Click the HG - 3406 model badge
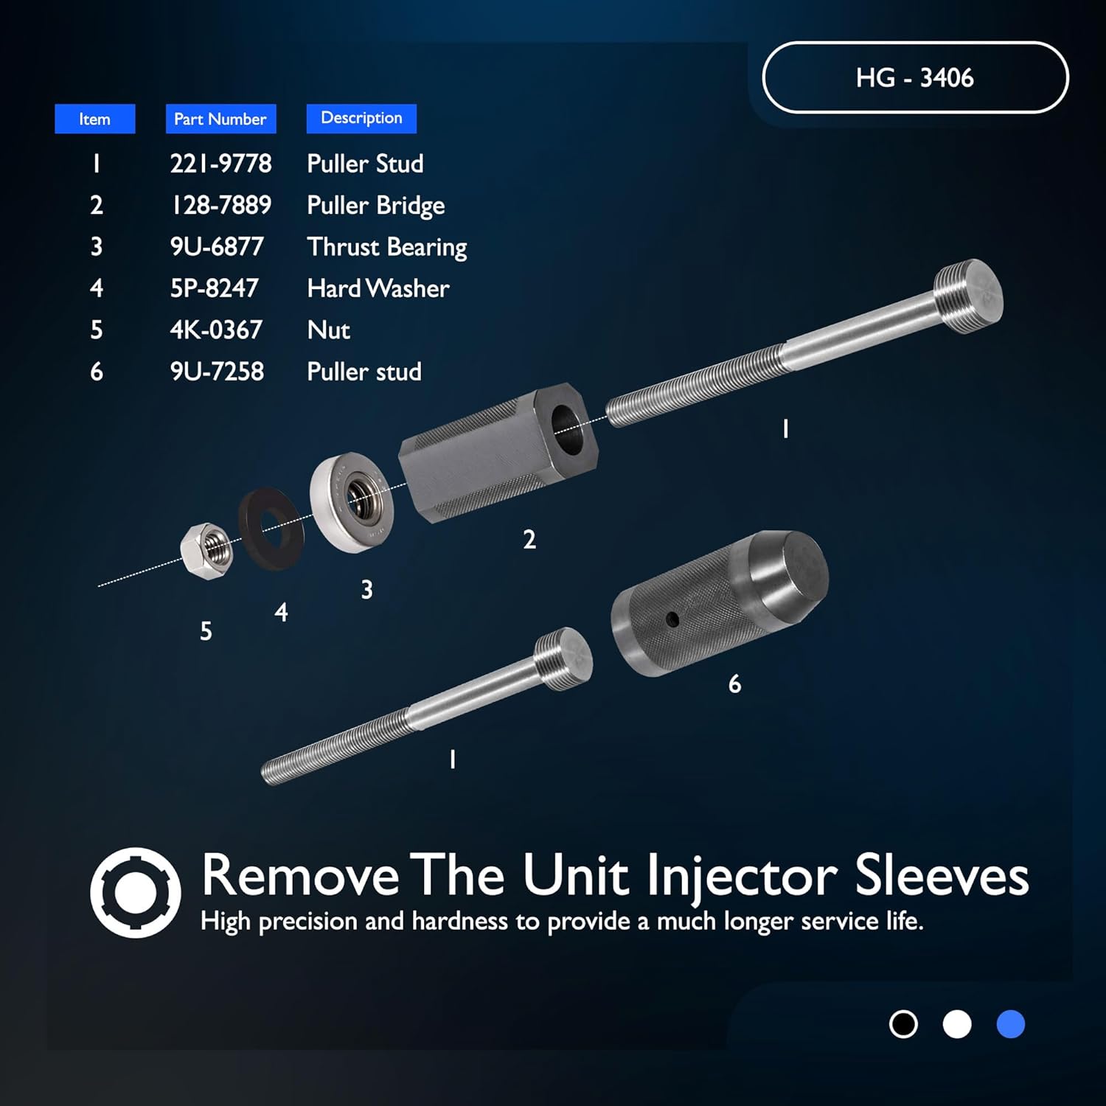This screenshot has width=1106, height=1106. tap(914, 77)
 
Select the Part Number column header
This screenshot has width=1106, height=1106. tap(220, 119)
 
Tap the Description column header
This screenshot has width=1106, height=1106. tap(361, 118)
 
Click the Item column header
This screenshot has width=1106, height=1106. tap(94, 119)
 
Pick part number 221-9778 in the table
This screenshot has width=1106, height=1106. tap(220, 163)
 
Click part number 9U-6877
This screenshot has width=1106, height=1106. tap(216, 246)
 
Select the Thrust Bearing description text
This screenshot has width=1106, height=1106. tap(386, 247)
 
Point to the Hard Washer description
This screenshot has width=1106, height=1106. tap(378, 288)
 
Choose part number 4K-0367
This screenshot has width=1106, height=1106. tap(215, 330)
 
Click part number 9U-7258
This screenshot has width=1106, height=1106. tap(216, 371)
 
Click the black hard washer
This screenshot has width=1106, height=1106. tap(271, 528)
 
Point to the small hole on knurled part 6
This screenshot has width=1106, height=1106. tap(672, 620)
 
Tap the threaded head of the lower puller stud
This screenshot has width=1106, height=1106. tap(564, 658)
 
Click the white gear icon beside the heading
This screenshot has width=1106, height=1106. tap(136, 892)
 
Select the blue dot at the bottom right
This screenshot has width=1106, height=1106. tap(1010, 1024)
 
